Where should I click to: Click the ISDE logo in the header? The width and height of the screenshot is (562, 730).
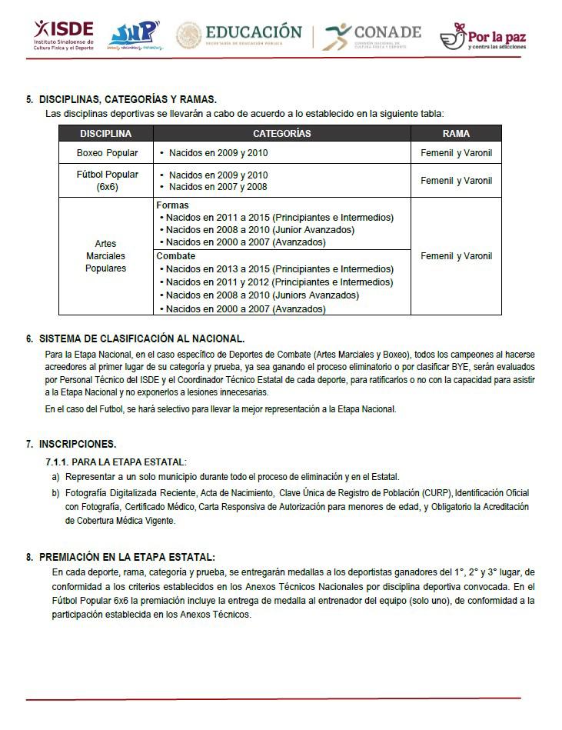coord(64,34)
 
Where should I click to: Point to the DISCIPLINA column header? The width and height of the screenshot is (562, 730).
coord(106,134)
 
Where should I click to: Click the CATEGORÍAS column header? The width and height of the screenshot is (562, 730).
coord(281,134)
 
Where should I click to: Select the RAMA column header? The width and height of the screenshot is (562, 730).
coord(456,134)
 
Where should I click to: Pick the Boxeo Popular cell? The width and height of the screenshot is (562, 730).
coord(107,153)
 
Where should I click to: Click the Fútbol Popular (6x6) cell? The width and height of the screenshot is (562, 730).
coord(107,181)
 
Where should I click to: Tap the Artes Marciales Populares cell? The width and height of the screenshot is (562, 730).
coord(106,256)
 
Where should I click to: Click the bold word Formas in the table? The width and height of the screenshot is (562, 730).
coord(172,206)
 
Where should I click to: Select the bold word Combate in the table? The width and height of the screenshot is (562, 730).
coord(176,256)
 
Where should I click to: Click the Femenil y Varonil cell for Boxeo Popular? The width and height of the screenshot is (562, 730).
coord(456,153)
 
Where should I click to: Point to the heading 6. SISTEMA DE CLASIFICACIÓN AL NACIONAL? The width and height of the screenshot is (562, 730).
coord(141,338)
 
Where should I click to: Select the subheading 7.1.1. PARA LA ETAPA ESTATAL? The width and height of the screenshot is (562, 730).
coord(115,462)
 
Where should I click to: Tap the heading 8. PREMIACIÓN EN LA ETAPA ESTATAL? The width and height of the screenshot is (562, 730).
coord(127,557)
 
